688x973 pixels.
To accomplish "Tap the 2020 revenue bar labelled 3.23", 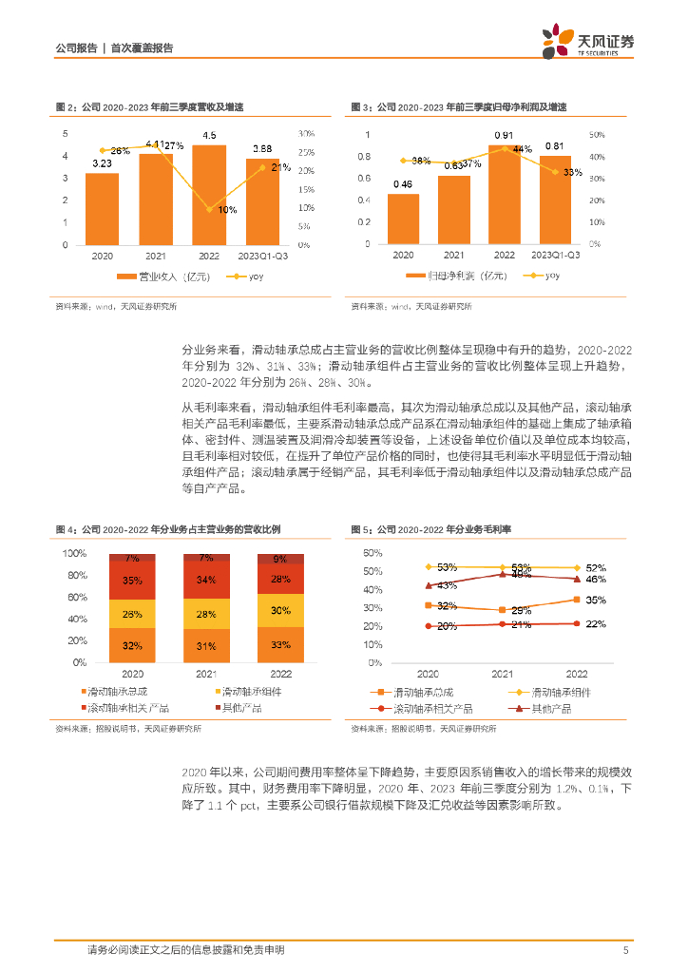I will pos(102,209).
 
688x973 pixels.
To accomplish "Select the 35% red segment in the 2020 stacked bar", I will pos(133,581).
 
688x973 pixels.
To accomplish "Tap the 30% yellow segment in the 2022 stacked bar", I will pos(280,611).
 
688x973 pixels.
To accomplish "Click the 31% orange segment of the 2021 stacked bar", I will pos(206,645).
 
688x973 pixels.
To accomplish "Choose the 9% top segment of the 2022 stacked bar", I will pos(280,560).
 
